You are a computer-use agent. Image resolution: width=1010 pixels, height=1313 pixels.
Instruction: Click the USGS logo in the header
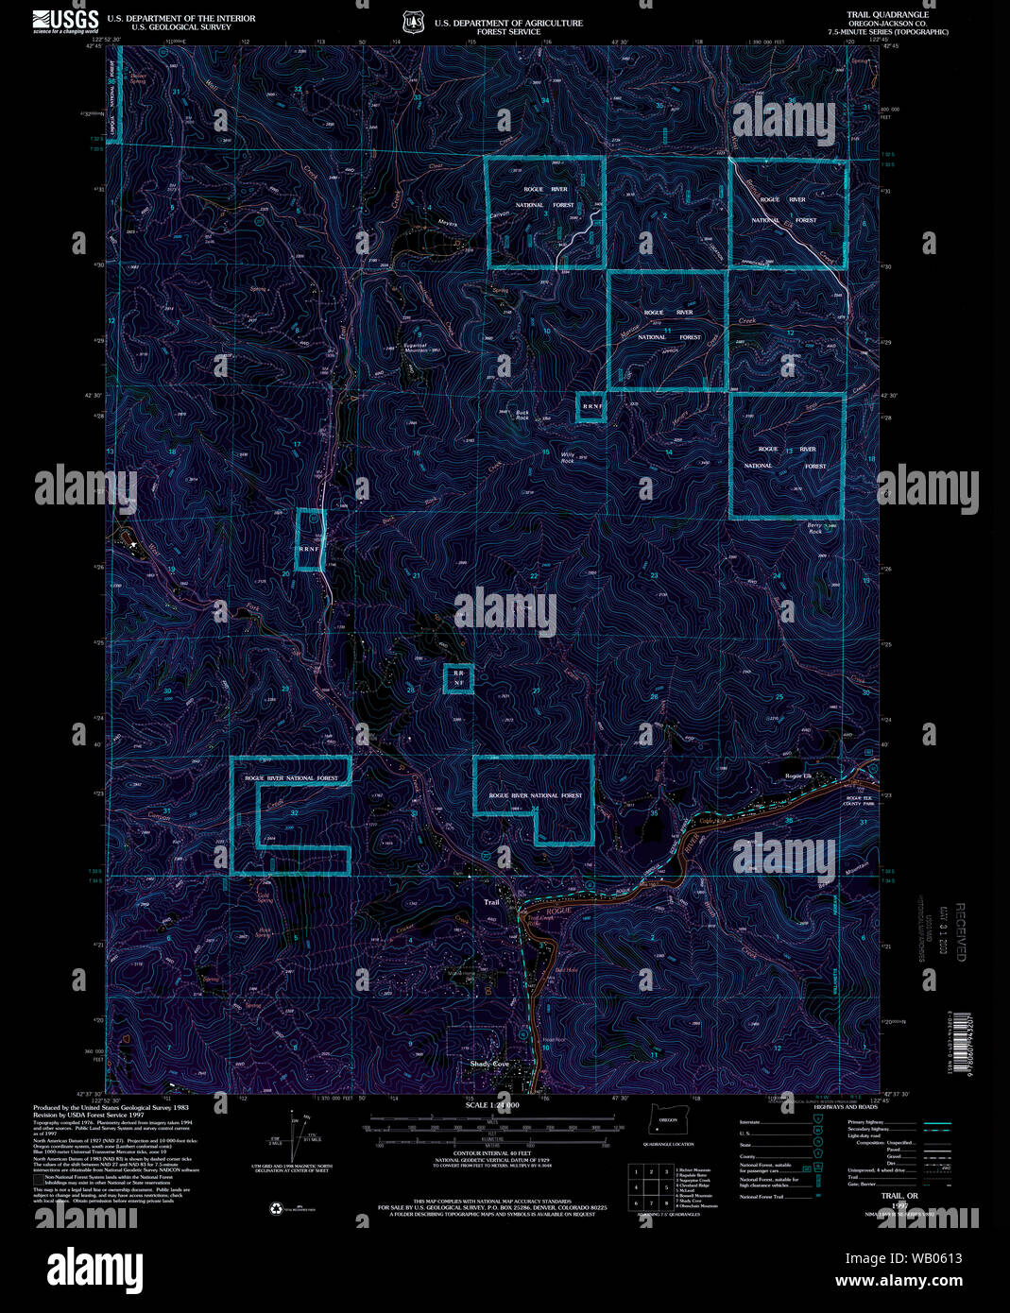[65, 21]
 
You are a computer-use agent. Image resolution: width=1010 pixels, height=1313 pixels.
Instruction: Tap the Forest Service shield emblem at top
[412, 22]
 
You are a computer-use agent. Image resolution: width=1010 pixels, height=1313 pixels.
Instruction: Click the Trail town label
[491, 903]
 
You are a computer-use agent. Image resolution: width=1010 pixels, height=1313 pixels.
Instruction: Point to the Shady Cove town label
[490, 1065]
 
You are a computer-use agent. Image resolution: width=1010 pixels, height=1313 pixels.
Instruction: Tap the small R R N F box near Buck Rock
[591, 407]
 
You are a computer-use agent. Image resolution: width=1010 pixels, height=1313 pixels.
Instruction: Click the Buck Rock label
[522, 415]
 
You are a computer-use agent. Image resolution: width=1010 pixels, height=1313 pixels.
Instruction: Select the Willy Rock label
[568, 456]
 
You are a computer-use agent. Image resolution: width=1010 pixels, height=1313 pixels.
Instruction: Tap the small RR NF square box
[458, 678]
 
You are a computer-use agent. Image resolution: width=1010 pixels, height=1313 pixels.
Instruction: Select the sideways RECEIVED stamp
[960, 932]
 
